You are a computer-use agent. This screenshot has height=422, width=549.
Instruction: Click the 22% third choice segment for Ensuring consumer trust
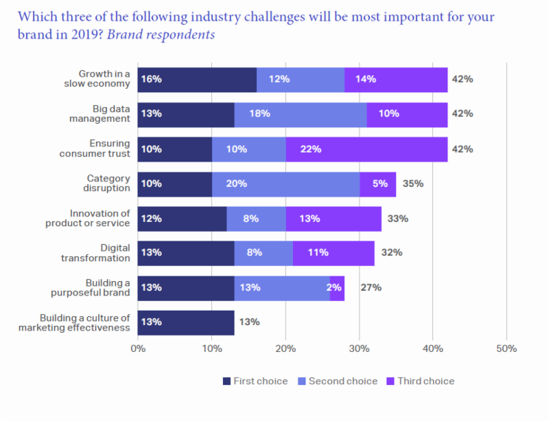(x=366, y=148)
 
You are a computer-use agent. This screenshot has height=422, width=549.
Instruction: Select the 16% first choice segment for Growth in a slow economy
(x=197, y=79)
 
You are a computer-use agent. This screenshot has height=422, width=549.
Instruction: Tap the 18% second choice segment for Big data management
(x=300, y=114)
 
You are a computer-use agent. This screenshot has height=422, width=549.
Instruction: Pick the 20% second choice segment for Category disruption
(x=285, y=184)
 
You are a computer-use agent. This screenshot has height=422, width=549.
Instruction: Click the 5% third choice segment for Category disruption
(x=377, y=184)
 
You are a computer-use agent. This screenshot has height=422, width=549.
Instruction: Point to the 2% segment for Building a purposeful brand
(x=337, y=287)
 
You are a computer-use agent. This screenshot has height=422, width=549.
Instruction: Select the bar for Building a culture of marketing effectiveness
(x=186, y=322)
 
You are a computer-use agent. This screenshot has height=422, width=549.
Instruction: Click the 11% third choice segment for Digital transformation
(x=334, y=253)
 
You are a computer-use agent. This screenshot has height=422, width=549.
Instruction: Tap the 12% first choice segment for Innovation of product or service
(x=182, y=219)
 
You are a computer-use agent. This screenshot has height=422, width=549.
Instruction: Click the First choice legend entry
(x=255, y=381)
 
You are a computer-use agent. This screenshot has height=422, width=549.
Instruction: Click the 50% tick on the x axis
(x=506, y=348)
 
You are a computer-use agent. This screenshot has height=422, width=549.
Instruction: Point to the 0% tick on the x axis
(x=138, y=348)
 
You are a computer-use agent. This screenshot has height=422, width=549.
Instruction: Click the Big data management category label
(x=100, y=113)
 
